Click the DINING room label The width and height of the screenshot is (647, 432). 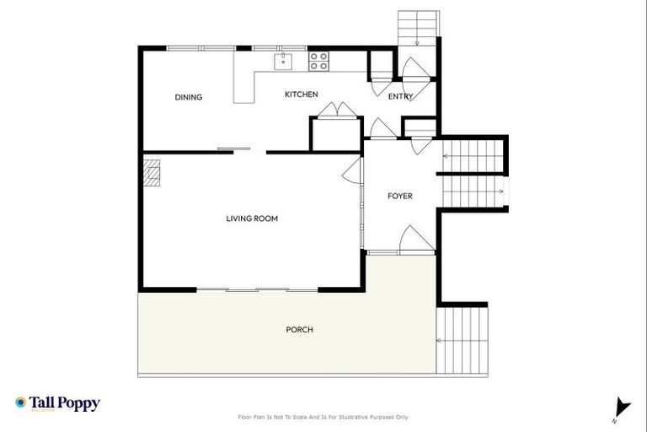189,97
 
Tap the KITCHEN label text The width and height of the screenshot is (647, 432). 301,94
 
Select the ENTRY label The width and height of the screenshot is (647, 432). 400,96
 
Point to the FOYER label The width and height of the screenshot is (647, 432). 399,196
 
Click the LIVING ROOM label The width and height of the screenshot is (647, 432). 252,219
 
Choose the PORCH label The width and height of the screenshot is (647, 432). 299,329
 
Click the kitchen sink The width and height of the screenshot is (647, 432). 282,60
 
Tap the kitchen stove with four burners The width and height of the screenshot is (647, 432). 318,60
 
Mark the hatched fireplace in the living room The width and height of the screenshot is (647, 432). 151,173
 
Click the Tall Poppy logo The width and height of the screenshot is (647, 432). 57,403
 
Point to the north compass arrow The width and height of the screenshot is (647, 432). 622,406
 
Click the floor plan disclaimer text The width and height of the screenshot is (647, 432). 323,417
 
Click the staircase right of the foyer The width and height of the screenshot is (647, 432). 473,173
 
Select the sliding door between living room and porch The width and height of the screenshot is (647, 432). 256,289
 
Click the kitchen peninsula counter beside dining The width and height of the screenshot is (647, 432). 243,84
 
